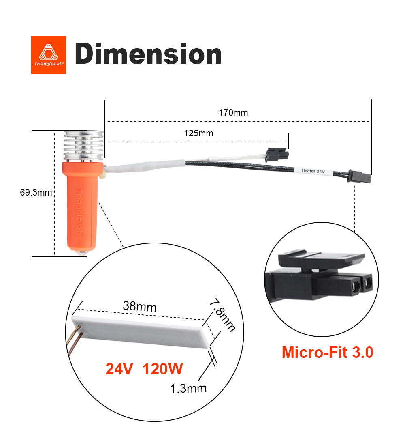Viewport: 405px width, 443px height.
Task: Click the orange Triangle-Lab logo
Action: tap(48, 55)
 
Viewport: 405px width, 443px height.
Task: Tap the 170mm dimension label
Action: tap(233, 113)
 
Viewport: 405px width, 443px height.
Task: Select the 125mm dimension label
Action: tap(198, 133)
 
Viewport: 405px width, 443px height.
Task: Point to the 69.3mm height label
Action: tap(36, 192)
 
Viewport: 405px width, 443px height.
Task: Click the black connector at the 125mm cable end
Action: tap(277, 155)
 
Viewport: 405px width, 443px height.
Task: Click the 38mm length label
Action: tap(139, 307)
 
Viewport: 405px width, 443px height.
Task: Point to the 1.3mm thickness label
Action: tap(188, 388)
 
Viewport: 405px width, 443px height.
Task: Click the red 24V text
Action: tap(119, 369)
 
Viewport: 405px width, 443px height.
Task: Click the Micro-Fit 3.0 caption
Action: tap(327, 352)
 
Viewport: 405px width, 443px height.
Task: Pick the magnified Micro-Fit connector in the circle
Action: tap(320, 276)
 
